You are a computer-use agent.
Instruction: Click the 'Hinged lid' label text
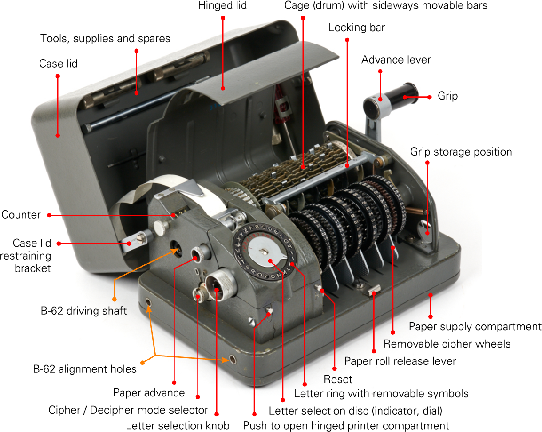222,5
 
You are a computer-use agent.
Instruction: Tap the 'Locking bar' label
356,28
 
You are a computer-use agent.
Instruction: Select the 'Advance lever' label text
396,60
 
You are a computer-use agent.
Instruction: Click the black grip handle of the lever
403,95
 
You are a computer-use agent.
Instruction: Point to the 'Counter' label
21,215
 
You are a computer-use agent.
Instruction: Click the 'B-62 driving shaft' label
83,311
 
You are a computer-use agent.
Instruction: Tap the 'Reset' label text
338,379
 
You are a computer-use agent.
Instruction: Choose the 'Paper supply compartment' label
475,327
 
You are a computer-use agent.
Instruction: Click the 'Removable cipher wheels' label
447,344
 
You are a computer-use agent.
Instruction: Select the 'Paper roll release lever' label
400,361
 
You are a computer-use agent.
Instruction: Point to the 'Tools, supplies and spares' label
105,39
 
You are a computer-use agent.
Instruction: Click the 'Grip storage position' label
461,152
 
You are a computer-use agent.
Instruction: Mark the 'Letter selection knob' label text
178,426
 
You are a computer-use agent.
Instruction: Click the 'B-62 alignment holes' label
85,369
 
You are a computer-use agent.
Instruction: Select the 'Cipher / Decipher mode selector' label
128,410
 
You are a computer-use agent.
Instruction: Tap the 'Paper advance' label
149,393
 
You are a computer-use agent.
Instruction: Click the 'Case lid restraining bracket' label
26,256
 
